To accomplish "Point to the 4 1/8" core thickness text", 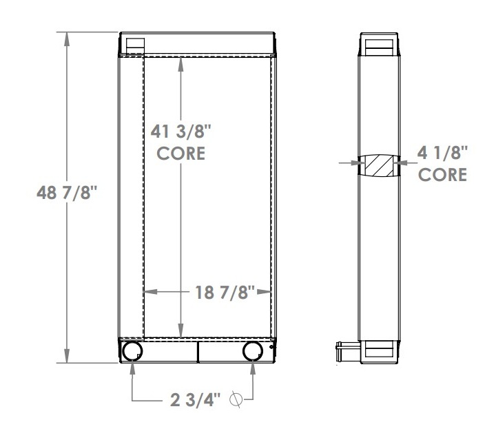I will point(442,152).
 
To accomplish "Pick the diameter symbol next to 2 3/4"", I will point(237,399).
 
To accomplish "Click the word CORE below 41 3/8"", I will point(180,153).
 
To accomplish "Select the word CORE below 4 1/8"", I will point(442,175).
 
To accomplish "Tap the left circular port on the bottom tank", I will point(132,351).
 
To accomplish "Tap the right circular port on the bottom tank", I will point(253,351).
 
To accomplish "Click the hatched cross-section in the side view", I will point(378,165).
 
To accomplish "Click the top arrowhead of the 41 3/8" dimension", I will point(180,61).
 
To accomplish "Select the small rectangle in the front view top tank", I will point(134,44).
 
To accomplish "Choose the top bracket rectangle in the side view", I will point(378,47).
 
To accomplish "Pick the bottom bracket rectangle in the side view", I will point(378,350).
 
